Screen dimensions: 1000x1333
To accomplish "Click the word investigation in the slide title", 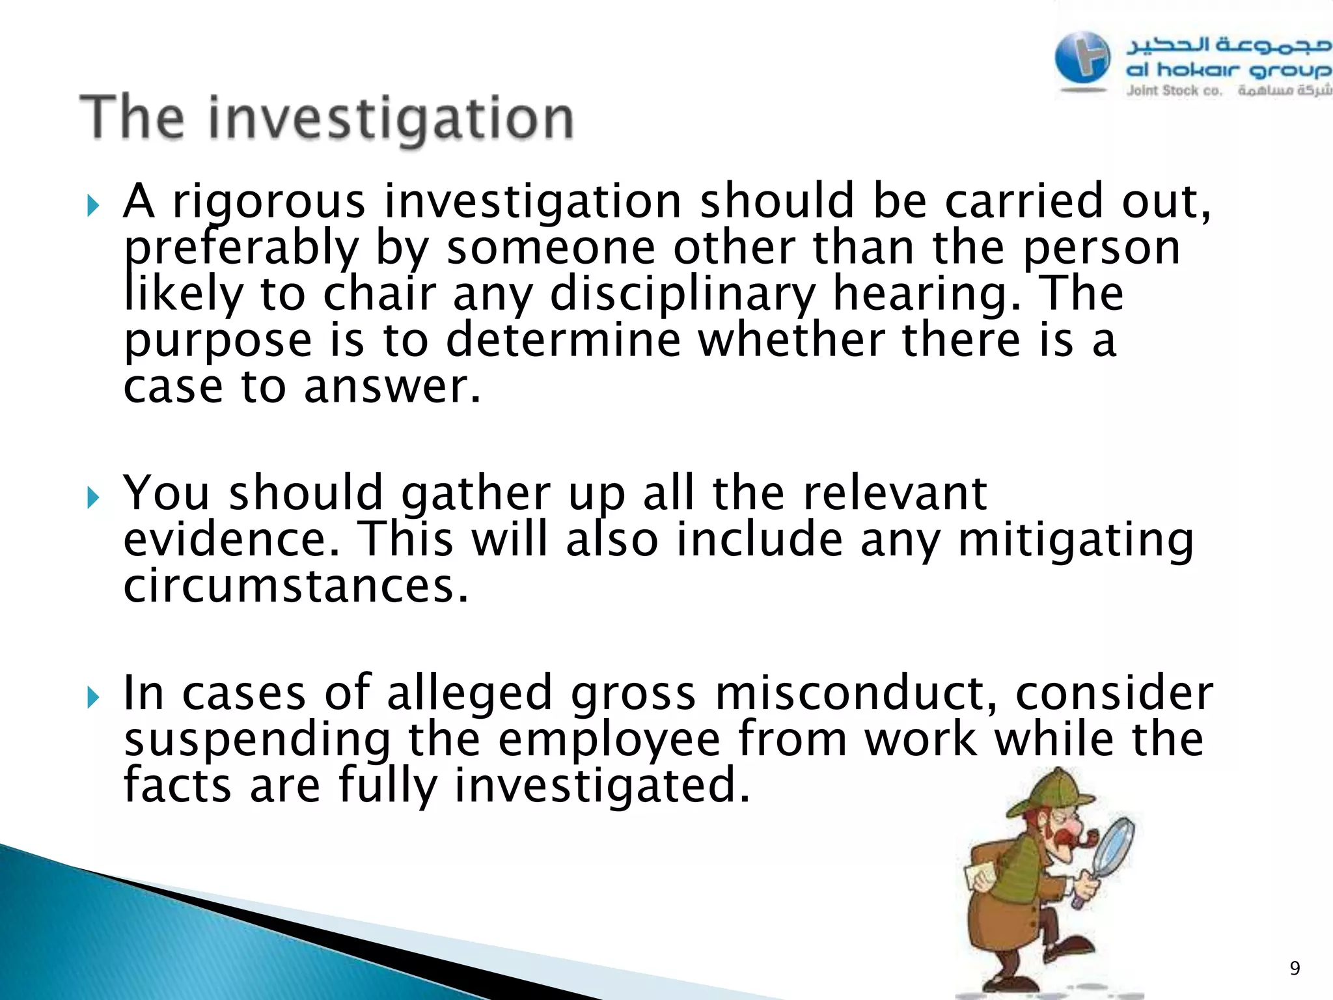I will [391, 119].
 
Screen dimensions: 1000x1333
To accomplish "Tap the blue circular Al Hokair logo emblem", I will [1082, 59].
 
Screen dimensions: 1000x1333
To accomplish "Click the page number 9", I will [1295, 968].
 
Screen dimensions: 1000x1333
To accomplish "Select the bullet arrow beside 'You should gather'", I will [93, 498].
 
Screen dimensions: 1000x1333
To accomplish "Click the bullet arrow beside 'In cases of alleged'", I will [93, 698].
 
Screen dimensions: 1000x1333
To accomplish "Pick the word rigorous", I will [269, 202].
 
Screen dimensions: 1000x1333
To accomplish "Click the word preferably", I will [241, 249].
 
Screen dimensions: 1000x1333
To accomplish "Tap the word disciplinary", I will [682, 294].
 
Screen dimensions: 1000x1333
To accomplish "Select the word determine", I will [563, 340].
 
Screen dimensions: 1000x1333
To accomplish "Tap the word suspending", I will [258, 741].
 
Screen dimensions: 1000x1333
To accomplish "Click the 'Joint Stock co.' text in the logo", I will [1174, 91].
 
